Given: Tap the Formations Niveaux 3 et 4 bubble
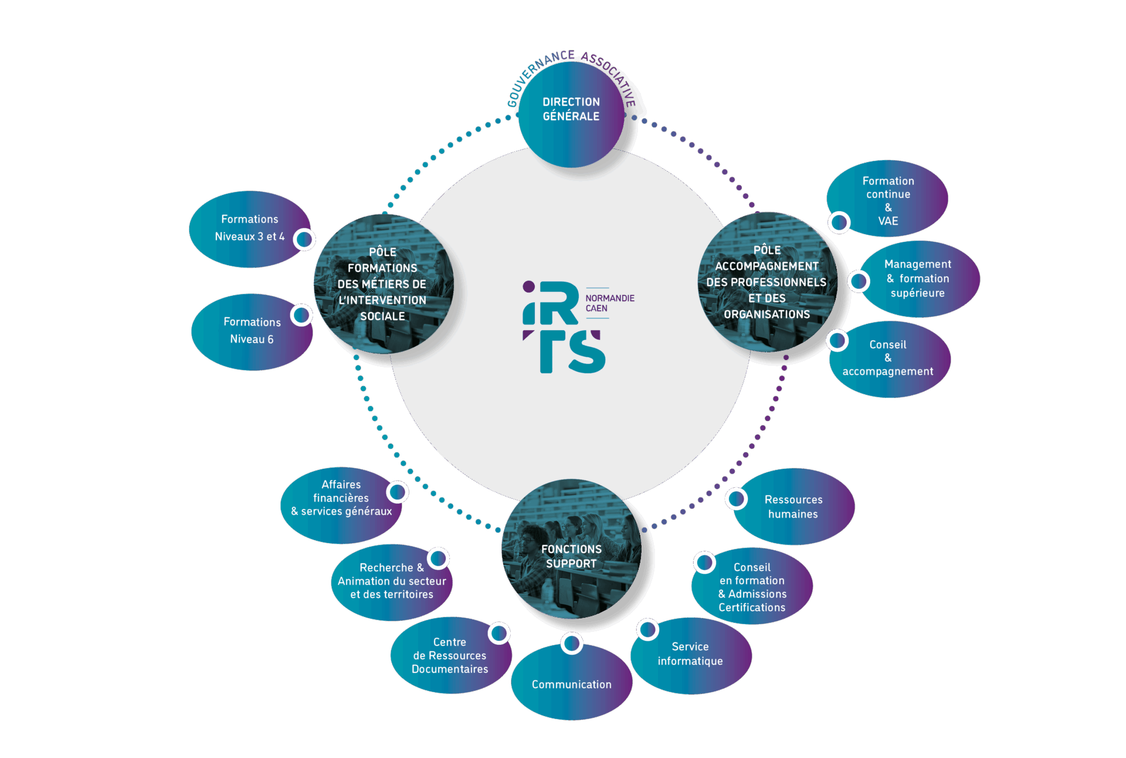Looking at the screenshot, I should (249, 229).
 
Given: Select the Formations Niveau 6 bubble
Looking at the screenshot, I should (252, 331).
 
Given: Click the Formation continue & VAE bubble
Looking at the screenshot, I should (887, 199).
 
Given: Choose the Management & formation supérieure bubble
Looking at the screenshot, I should (918, 279).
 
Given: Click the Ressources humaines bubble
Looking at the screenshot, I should (793, 507).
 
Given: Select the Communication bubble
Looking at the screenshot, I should (571, 684).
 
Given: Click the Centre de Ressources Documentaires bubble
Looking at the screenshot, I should (450, 656).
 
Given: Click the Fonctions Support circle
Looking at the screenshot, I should (571, 555).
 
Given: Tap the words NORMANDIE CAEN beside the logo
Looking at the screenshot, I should (609, 303).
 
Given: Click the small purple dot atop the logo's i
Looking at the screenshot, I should (528, 287).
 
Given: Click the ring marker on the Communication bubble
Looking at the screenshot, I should (571, 643).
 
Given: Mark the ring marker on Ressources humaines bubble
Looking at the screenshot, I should (736, 499).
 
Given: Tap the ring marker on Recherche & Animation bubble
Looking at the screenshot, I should (438, 559).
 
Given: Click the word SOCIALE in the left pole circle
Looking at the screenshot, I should (382, 317).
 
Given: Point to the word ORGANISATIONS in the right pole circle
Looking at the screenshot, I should (767, 315).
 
